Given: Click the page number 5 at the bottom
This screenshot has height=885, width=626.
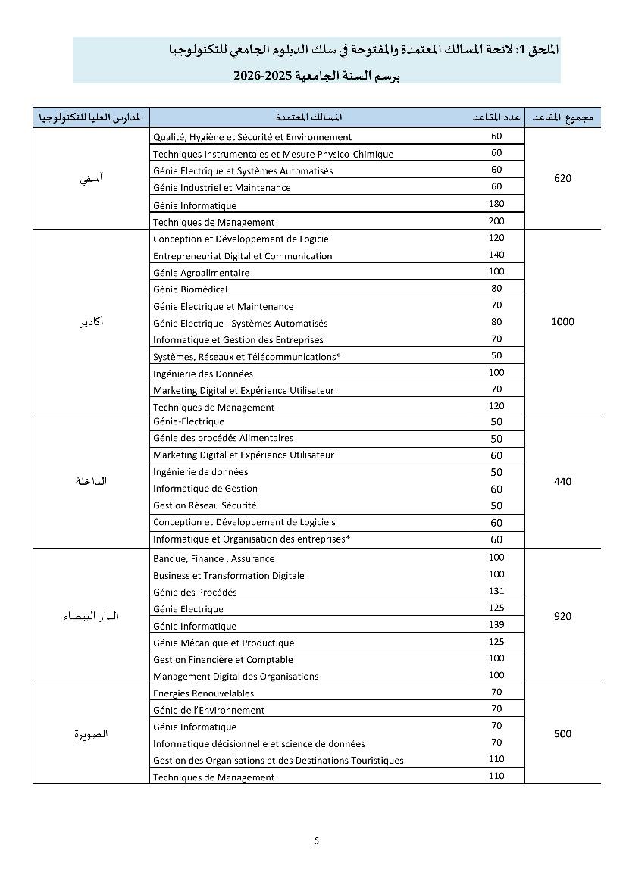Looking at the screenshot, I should [317, 840].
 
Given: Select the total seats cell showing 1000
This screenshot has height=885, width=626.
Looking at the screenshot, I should [562, 322].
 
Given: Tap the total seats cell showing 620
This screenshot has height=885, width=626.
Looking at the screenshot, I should [562, 179].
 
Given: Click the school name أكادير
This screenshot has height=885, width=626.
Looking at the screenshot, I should [92, 322].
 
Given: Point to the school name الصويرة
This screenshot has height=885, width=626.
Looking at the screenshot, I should [91, 733].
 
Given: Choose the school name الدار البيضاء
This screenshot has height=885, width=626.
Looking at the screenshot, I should [91, 616].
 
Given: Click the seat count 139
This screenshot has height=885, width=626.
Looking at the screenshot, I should [496, 624].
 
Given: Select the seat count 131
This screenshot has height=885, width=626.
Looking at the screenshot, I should [496, 591].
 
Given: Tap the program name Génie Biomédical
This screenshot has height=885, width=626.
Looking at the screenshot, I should [190, 289].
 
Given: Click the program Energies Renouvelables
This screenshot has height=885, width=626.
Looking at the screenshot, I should [203, 693].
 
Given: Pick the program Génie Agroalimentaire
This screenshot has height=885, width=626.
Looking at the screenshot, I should [201, 273].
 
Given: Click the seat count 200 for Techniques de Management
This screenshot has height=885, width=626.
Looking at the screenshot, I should [496, 220].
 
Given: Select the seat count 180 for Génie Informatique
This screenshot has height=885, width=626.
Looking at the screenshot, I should [496, 204].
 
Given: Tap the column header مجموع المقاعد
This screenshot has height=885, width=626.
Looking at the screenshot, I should [562, 117].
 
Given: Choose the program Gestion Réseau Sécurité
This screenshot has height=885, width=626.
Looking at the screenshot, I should [205, 505].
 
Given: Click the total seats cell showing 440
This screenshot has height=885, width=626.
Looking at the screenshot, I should [562, 482].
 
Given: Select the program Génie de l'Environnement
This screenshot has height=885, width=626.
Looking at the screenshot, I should [208, 711].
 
